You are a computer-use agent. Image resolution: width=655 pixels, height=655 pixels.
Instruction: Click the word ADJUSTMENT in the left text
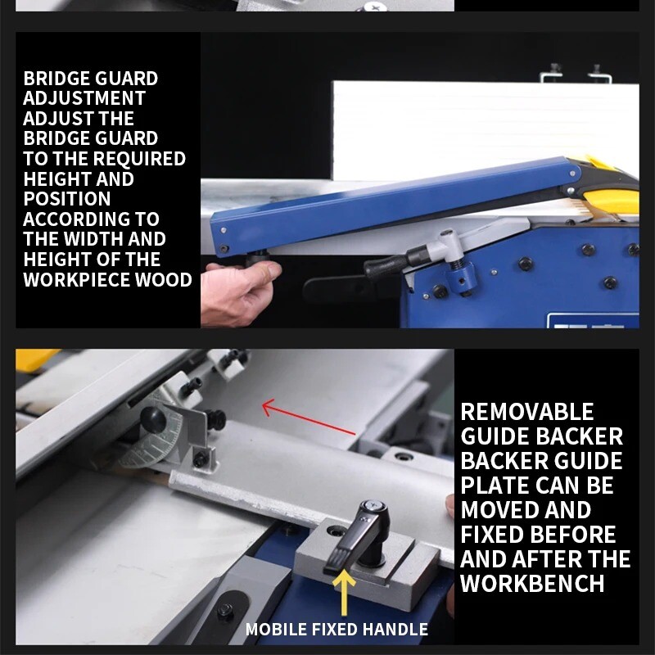click(x=84, y=99)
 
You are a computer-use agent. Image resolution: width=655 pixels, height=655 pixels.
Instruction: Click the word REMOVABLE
click(x=526, y=412)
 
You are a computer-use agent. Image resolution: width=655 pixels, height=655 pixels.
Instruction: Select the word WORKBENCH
click(x=532, y=584)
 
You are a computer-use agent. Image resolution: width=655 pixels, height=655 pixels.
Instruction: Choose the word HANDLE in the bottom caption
click(x=397, y=630)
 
